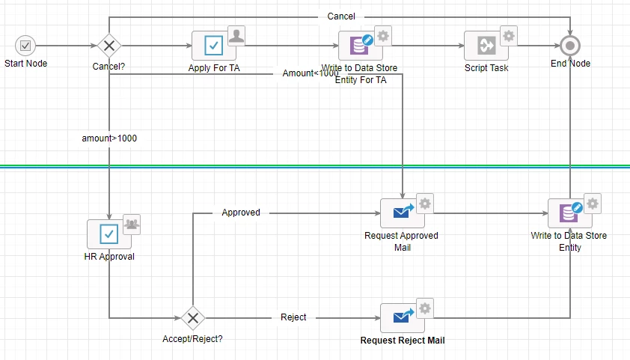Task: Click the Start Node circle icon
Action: [25, 46]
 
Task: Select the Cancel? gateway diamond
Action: [109, 46]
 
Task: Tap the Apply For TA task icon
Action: [213, 46]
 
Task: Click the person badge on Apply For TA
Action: [236, 36]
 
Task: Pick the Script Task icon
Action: [486, 46]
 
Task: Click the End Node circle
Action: [570, 46]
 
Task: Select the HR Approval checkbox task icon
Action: [108, 234]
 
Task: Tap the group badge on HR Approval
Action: [132, 225]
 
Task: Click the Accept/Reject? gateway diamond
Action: [193, 318]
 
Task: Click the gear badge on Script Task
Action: [509, 36]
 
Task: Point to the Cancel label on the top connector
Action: [341, 16]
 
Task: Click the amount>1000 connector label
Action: [109, 138]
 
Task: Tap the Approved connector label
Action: [241, 212]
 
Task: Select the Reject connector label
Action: [293, 317]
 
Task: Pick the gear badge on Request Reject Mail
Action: [425, 308]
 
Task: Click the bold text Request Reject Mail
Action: [403, 341]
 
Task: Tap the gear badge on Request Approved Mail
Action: [425, 204]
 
